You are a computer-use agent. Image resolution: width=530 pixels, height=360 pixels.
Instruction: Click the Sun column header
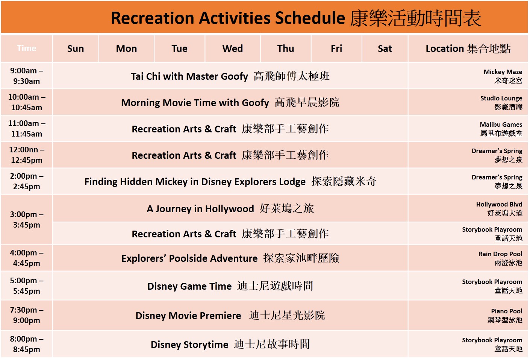click(76, 49)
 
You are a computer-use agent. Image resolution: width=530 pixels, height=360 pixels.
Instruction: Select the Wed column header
click(233, 49)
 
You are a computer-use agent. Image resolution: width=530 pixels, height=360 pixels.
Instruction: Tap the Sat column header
click(385, 49)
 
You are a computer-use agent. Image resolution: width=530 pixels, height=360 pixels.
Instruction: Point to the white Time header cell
click(26, 48)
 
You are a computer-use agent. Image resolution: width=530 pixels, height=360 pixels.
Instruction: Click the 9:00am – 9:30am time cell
click(26, 76)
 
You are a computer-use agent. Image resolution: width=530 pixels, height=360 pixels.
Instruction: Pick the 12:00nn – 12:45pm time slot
click(26, 155)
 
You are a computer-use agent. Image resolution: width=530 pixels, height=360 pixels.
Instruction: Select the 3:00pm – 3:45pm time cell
click(26, 220)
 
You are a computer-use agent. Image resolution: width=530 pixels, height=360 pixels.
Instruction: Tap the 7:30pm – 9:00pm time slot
click(26, 315)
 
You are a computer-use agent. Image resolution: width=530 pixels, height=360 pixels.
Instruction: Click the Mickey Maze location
click(503, 76)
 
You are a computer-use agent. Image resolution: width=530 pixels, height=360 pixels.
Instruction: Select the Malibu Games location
click(501, 129)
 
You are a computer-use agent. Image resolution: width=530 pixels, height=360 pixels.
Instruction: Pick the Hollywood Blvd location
click(499, 208)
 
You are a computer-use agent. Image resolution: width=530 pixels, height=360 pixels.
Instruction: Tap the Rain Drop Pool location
click(500, 258)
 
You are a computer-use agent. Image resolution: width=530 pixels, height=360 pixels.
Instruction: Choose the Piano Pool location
click(505, 315)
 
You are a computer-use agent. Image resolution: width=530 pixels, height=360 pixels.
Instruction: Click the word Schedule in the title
click(310, 18)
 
